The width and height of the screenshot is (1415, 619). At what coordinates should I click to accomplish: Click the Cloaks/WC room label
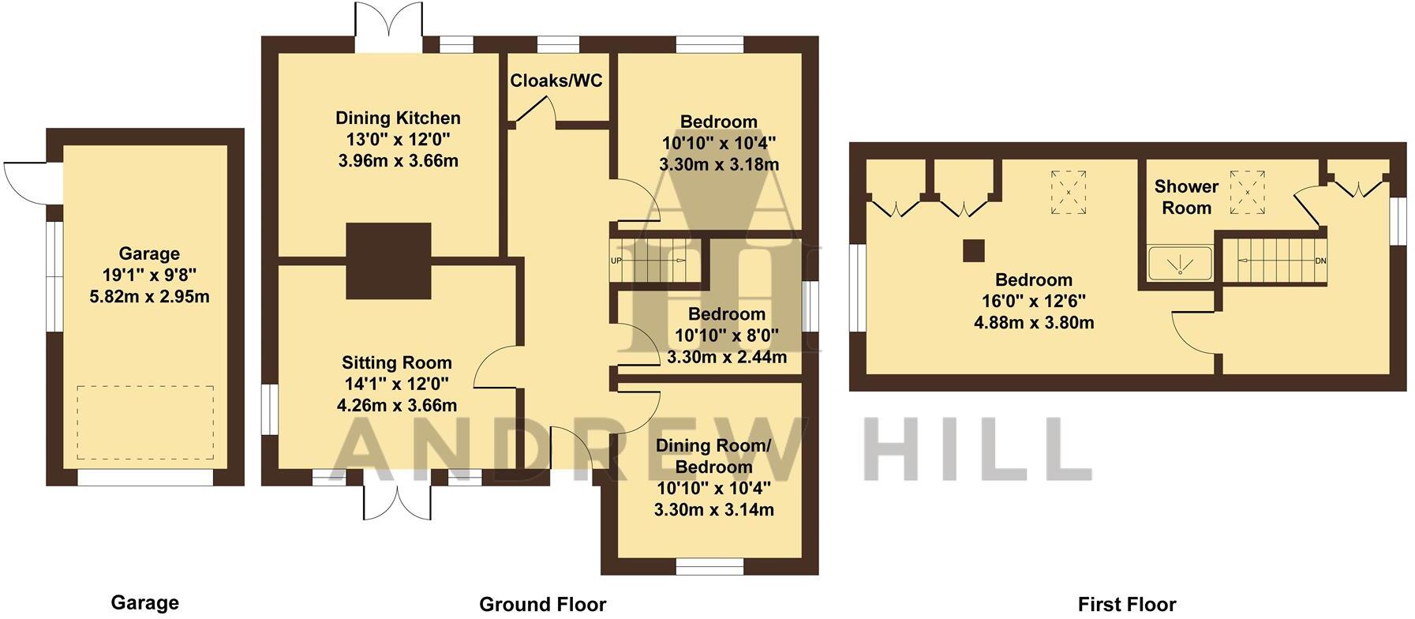tap(556, 81)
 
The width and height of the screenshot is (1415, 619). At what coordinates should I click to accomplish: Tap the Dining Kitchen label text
tap(398, 118)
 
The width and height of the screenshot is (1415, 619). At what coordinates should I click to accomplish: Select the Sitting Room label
tap(396, 363)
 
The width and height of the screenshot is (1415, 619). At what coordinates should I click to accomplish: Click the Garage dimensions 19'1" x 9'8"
tap(149, 276)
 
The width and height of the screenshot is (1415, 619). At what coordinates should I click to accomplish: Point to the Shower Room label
tap(1186, 197)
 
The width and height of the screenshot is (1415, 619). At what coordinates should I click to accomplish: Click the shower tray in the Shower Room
tap(1179, 263)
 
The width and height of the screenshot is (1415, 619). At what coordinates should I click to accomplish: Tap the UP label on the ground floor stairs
tap(616, 261)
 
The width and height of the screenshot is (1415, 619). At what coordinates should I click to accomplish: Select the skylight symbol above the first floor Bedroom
tap(1068, 192)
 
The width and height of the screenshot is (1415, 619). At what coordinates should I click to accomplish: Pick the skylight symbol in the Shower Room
tap(1248, 192)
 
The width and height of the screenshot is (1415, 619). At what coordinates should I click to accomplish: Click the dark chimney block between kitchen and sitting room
tap(388, 261)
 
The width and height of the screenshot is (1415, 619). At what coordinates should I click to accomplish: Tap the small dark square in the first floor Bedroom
tap(973, 250)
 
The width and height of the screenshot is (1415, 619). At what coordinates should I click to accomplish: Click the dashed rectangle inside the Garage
tap(145, 422)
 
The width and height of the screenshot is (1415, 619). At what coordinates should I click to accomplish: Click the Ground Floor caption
tap(542, 605)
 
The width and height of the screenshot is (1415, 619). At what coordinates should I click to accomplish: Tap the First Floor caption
tap(1126, 605)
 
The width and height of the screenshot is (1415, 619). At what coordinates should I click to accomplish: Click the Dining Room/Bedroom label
tap(713, 456)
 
